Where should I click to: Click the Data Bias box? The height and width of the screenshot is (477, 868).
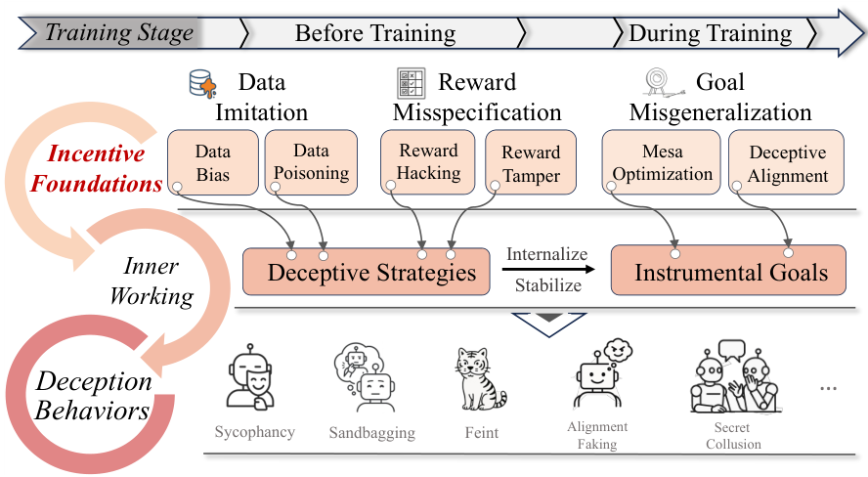pos(213,163)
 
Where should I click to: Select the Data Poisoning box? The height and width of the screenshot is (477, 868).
pos(308,163)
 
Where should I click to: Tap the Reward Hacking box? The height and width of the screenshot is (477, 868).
pos(428,162)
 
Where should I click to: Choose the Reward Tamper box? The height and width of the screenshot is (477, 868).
pos(531,163)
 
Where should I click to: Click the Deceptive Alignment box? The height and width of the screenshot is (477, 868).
pos(787,164)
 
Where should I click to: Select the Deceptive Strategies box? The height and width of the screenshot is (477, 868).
pos(371,272)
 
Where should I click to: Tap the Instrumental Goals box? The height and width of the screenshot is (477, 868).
pos(730,272)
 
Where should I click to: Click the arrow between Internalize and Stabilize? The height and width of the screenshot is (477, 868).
pos(548,271)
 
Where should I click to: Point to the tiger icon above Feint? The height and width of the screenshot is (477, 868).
pos(481,378)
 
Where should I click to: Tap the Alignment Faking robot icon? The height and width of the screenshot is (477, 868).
pos(597,376)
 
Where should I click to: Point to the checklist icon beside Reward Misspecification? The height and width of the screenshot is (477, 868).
pos(411,84)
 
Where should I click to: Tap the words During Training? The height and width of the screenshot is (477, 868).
pos(710,33)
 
